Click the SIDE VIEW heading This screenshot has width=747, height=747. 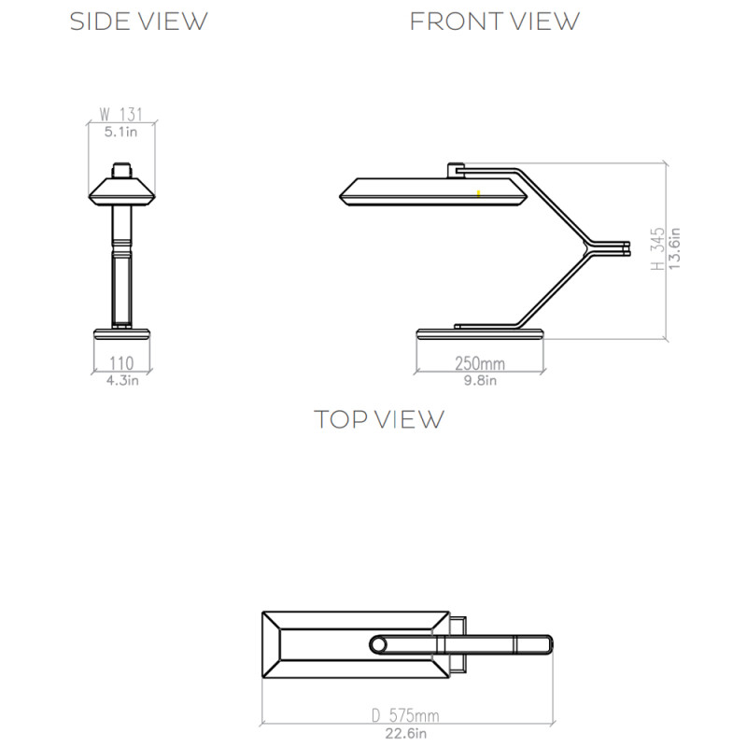[x=139, y=21]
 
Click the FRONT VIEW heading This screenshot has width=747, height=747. [x=495, y=21]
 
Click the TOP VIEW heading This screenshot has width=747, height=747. [x=379, y=419]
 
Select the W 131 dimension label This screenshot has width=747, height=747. [x=122, y=117]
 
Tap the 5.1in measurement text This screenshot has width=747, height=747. [x=122, y=133]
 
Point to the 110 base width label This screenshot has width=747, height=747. [x=121, y=363]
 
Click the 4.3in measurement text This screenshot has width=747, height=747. [x=122, y=379]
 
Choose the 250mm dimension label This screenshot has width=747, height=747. [x=480, y=363]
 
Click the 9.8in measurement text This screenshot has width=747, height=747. [x=480, y=379]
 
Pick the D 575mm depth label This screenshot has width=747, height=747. [x=404, y=716]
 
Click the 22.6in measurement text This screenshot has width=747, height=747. [x=404, y=732]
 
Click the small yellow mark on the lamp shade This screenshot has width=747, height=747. [x=478, y=193]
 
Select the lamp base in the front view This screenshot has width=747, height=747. [x=480, y=335]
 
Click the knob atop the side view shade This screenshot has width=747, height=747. [x=122, y=171]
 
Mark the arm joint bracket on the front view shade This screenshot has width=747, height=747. [x=457, y=170]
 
